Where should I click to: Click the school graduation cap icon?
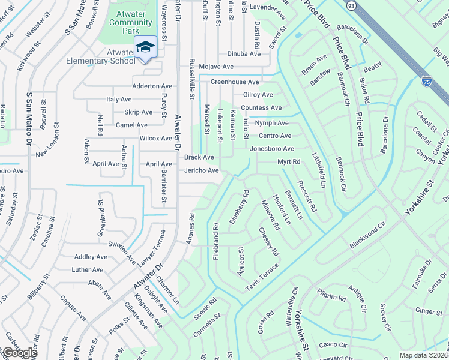146,47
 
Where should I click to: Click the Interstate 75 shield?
426,80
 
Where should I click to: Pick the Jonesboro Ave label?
271,149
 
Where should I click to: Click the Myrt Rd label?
288,162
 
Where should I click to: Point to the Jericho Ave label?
200,170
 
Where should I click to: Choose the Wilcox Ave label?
155,138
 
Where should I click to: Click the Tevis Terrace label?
262,281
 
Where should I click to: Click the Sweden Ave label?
122,247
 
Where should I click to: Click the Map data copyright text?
424,355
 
